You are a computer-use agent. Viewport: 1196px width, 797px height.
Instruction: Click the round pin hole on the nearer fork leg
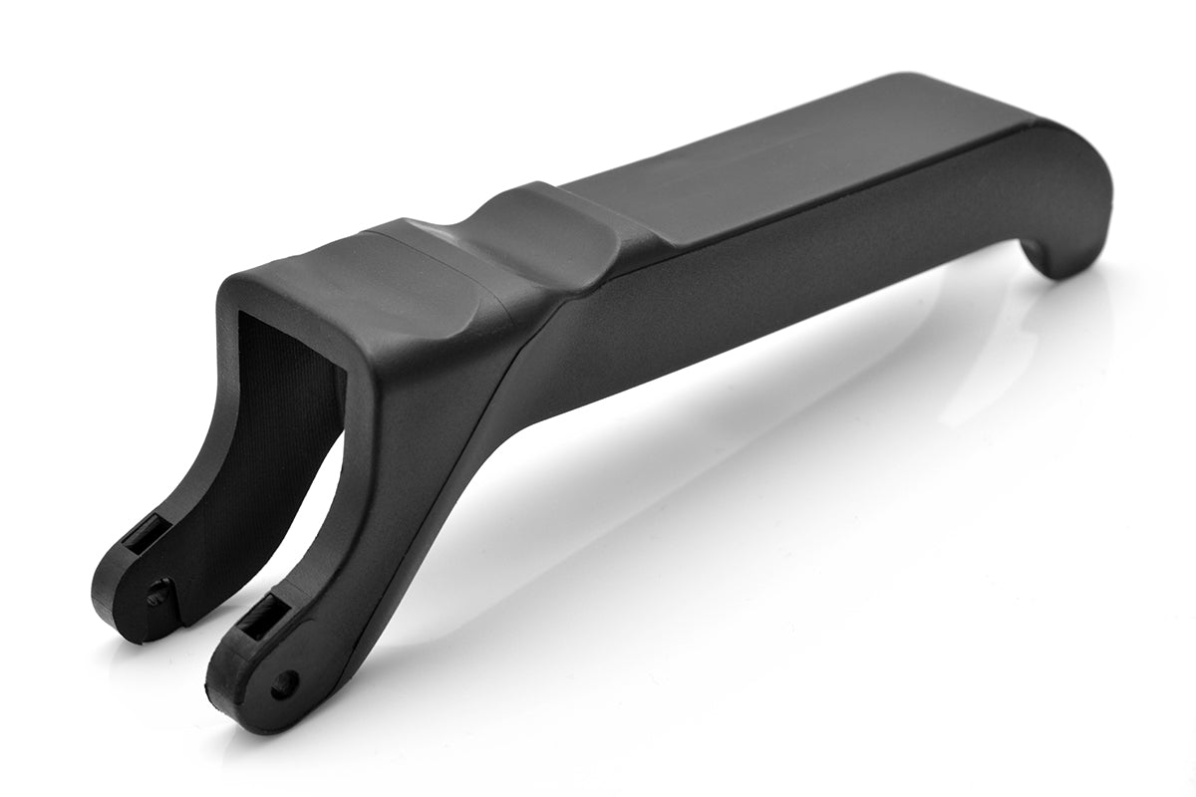285,683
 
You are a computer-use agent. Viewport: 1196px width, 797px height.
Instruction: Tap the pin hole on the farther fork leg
157,595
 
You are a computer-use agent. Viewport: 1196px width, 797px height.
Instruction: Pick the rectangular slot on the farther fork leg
143,539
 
